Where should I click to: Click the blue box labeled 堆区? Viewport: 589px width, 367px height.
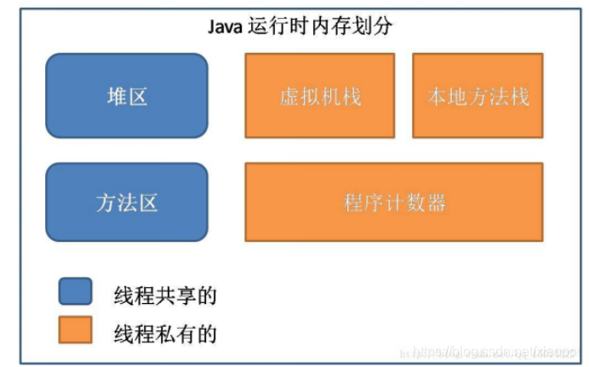126,95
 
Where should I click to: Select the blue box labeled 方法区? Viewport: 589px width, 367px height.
126,202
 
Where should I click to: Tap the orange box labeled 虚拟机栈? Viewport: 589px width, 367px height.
319,95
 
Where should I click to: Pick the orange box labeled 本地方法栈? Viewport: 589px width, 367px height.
477,95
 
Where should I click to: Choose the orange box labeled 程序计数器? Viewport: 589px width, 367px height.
393,202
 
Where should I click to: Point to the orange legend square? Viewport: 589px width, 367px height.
75,330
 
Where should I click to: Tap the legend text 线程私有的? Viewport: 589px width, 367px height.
165,333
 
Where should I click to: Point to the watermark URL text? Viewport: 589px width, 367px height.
489,351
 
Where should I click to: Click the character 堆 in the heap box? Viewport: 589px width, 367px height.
115,96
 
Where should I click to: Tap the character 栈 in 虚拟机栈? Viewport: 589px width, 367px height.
350,96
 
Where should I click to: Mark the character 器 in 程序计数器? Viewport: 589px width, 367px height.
435,203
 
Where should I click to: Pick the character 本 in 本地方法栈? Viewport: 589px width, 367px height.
437,96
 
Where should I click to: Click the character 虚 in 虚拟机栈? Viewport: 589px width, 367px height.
289,96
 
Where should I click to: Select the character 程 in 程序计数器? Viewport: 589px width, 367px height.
353,203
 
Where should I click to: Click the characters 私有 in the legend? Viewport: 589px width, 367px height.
175,333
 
